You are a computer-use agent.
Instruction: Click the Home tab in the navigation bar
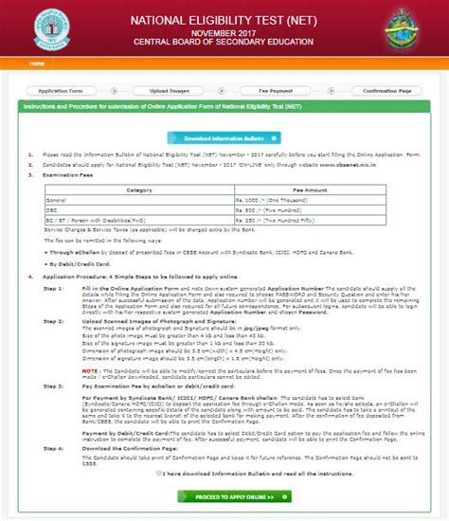(x=36, y=63)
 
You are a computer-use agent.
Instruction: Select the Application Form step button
(x=59, y=90)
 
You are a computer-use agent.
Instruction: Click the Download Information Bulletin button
(x=224, y=137)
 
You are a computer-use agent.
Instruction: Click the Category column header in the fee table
(x=126, y=189)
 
